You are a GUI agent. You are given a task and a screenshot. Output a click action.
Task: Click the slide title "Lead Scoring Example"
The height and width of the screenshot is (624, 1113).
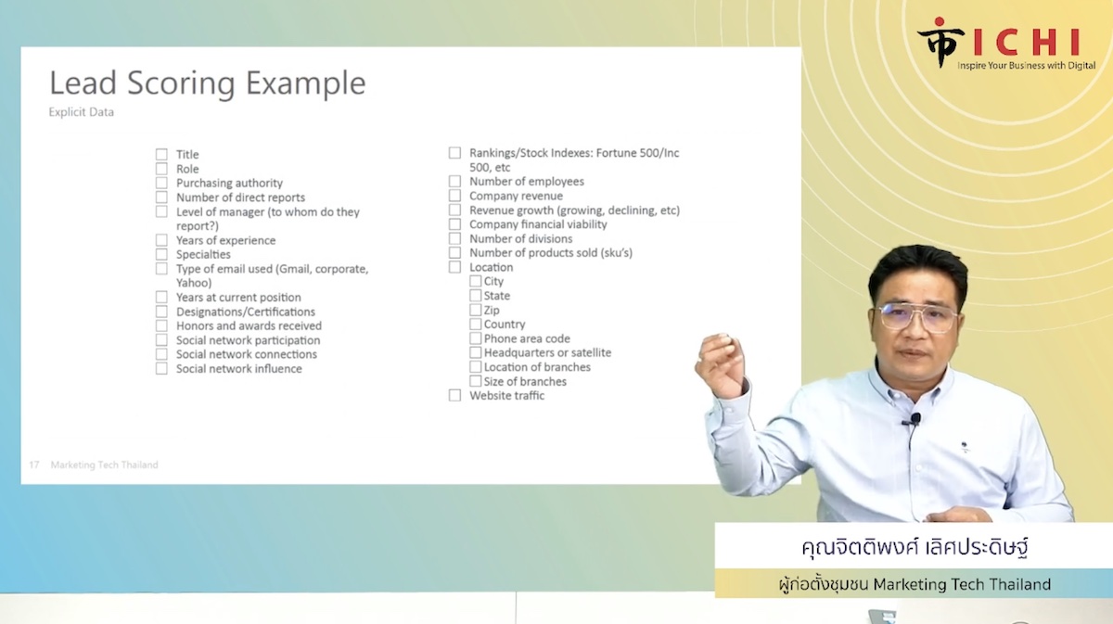click(208, 83)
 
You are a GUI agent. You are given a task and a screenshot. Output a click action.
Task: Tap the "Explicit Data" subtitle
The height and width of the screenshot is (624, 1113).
click(82, 112)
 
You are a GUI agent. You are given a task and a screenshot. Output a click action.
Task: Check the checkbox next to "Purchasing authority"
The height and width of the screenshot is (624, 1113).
click(161, 183)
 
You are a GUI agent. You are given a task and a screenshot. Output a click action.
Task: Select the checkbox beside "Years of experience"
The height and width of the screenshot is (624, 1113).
click(161, 240)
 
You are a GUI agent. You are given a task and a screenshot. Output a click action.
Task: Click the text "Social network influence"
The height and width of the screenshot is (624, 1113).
click(239, 369)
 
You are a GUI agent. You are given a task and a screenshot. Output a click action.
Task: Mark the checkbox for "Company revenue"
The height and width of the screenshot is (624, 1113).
click(454, 196)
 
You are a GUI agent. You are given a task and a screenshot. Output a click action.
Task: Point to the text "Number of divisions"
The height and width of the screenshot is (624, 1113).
click(520, 238)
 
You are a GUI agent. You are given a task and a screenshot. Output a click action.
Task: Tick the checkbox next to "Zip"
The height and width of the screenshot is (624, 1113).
click(476, 310)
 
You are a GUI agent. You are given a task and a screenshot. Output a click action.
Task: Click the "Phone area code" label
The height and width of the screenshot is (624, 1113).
click(527, 338)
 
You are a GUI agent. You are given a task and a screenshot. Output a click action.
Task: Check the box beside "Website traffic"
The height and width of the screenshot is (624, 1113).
click(454, 395)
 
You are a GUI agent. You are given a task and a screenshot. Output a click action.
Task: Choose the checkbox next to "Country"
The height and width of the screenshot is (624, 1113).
click(476, 324)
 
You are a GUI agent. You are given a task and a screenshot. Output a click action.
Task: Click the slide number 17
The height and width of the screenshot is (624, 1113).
click(33, 465)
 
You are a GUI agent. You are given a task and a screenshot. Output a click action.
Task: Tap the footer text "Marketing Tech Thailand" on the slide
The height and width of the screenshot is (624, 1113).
click(104, 465)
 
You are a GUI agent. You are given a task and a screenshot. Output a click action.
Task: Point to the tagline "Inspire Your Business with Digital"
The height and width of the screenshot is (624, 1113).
click(1026, 65)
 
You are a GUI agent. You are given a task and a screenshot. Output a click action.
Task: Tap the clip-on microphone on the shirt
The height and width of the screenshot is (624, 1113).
click(914, 420)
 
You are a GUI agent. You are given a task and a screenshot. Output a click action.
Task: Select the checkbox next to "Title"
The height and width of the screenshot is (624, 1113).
click(161, 154)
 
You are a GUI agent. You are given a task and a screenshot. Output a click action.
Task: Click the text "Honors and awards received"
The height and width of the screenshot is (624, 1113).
click(249, 326)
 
